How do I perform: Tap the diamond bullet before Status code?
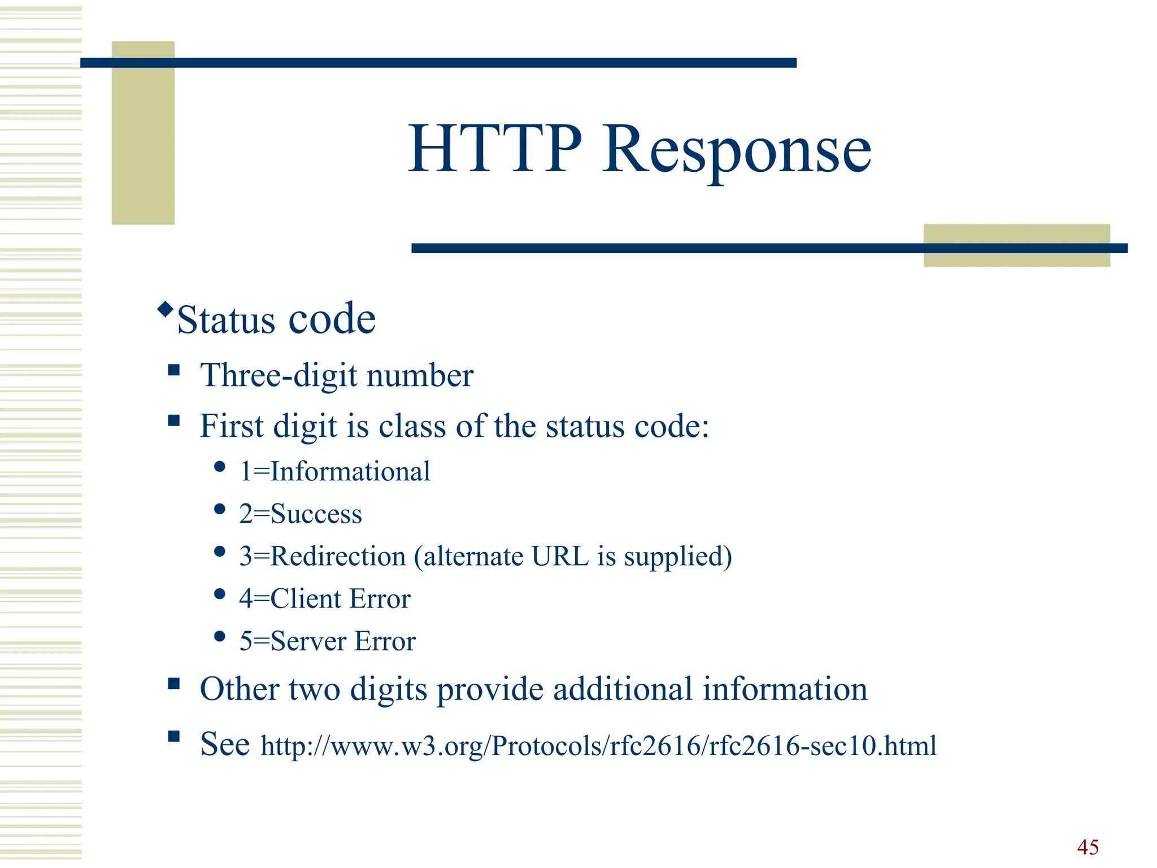click(165, 309)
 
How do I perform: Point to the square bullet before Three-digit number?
click(174, 370)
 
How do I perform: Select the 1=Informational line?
click(334, 471)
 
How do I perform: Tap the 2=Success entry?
click(300, 514)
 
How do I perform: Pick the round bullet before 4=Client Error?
click(220, 594)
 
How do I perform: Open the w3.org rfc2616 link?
click(598, 745)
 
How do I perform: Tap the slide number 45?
click(1088, 847)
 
